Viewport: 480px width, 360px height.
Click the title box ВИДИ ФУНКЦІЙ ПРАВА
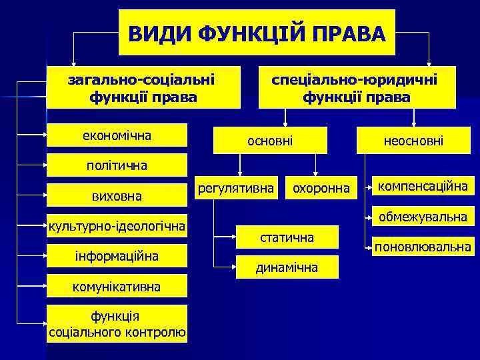(x=257, y=33)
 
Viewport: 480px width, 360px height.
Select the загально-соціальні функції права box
(x=143, y=88)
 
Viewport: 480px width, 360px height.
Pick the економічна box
(x=118, y=136)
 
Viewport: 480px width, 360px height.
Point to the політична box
(x=117, y=165)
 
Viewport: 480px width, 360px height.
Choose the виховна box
(x=117, y=197)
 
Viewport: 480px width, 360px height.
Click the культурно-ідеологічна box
(x=117, y=227)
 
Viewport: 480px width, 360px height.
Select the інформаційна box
(x=117, y=256)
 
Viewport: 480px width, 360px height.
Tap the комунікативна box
(x=117, y=287)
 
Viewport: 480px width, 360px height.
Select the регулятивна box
(x=236, y=189)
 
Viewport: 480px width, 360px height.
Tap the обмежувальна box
(x=423, y=217)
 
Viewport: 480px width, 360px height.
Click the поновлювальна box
(x=423, y=247)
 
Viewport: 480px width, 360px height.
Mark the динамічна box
(x=287, y=267)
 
